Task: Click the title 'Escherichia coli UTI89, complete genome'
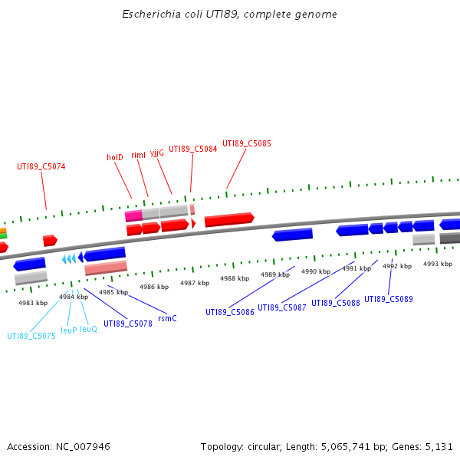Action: [230, 15]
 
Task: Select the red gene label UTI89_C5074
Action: [41, 166]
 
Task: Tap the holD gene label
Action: [115, 157]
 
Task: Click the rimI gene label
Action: [139, 155]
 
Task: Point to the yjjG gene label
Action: [156, 153]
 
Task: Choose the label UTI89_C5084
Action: [193, 149]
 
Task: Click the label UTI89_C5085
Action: [247, 143]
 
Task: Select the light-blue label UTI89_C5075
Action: [31, 336]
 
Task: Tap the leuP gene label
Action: [69, 330]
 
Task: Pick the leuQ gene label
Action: [88, 329]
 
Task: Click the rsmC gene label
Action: [167, 317]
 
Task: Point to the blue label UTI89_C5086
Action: [230, 312]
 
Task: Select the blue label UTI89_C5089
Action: [389, 299]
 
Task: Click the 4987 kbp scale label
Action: [195, 283]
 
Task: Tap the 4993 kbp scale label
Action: [438, 264]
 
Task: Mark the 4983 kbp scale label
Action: [33, 303]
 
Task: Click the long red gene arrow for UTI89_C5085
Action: [229, 220]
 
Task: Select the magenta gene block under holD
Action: [133, 216]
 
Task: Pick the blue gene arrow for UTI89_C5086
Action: [293, 235]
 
